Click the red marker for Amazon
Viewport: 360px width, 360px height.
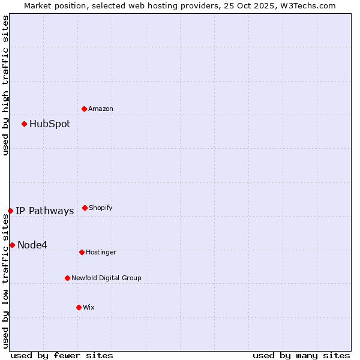tap(85, 109)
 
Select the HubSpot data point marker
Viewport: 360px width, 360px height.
tap(25, 124)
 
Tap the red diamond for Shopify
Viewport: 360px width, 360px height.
tap(85, 208)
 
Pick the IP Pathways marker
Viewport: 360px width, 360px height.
tap(10, 211)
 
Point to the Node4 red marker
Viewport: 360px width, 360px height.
tap(12, 245)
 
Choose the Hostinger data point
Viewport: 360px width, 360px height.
tap(82, 252)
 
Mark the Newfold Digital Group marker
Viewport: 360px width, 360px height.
tap(67, 278)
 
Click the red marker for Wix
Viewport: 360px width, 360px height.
tap(79, 307)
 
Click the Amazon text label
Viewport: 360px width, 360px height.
tap(101, 109)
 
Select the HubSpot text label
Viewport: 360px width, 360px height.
tap(50, 124)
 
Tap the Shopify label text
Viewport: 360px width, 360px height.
tap(101, 208)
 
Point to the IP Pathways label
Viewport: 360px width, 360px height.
tap(45, 211)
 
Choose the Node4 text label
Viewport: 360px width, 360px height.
tap(32, 245)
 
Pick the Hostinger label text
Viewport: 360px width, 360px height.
tap(101, 252)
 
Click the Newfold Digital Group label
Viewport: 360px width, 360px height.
tap(106, 278)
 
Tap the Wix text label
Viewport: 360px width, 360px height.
tap(89, 307)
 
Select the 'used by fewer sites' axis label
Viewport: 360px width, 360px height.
tap(62, 355)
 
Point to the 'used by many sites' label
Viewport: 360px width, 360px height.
tap(301, 355)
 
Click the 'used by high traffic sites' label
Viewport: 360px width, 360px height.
tap(5, 85)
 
